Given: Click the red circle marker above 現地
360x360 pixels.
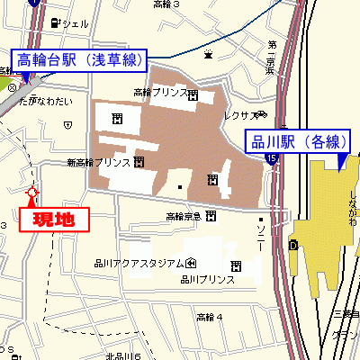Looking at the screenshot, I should pos(33,192).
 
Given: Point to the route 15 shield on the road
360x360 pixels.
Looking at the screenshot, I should pos(271,159).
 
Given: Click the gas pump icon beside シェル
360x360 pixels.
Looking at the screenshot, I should pos(56,22).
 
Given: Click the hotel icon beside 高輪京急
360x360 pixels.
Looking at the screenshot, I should pos(210,216).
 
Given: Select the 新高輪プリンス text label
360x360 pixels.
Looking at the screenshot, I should pos(98,163).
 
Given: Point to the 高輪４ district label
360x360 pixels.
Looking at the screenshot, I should pos(209,317).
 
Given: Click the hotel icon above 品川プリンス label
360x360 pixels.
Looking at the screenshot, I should pos(236,265).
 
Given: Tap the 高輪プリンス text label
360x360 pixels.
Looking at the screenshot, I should pos(160,92).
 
